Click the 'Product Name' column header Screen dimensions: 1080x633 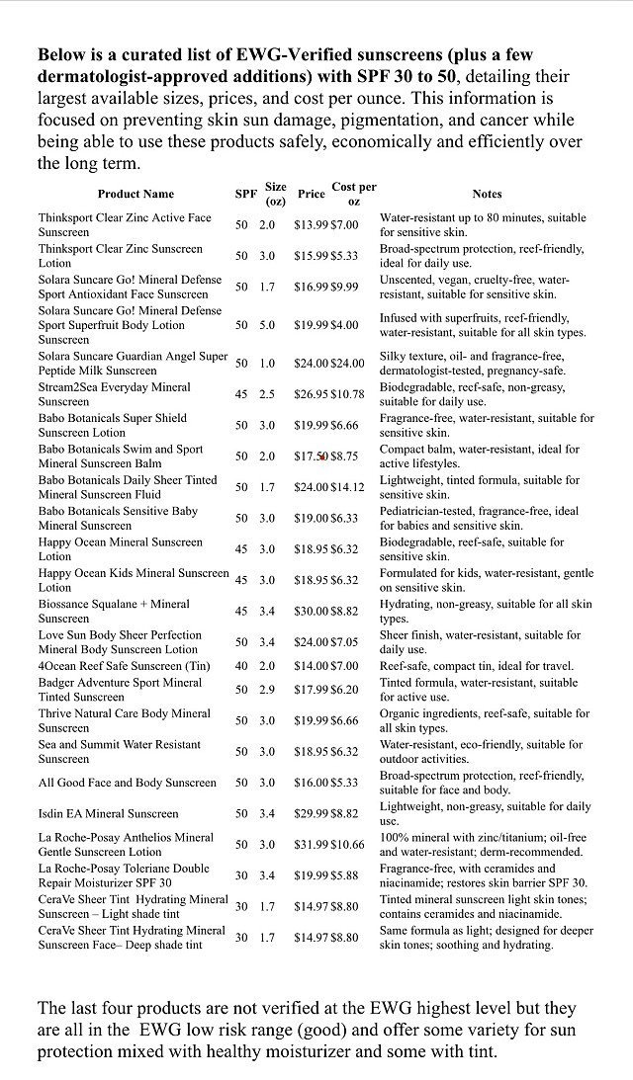click(136, 194)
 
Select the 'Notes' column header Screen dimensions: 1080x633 click(487, 194)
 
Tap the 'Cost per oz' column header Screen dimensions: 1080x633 click(353, 194)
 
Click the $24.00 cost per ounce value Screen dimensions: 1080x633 click(347, 364)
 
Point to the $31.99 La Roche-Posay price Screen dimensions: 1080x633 click(311, 845)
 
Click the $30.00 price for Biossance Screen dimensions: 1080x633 click(311, 612)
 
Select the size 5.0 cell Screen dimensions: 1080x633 click(267, 325)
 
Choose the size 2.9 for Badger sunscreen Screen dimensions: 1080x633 click(267, 690)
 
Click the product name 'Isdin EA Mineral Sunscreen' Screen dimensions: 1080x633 click(109, 814)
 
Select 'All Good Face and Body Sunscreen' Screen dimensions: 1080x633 click(127, 783)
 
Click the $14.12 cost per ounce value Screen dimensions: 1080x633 click(347, 487)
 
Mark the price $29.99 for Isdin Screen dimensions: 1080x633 click(311, 814)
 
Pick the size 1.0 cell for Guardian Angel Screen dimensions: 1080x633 click(267, 364)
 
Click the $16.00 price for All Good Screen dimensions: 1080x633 click(311, 783)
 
